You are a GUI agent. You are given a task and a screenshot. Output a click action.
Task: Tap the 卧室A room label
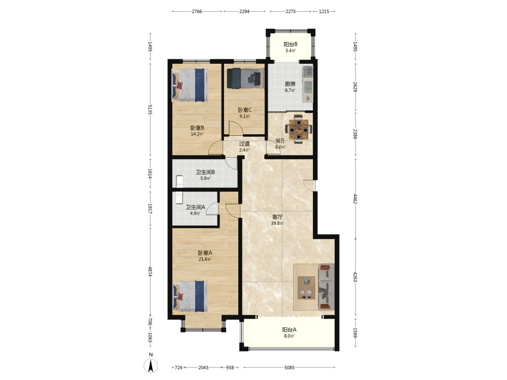pos(205,253)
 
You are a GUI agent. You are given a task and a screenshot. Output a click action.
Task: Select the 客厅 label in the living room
pos(277,217)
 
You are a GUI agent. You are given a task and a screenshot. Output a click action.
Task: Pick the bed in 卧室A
pos(190,296)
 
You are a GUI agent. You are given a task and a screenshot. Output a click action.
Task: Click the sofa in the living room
pos(326,287)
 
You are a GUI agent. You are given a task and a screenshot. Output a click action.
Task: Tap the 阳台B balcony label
pos(291,45)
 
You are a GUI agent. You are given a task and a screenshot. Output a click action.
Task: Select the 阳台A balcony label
pos(289,330)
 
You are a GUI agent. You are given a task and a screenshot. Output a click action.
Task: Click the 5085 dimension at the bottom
pos(289,367)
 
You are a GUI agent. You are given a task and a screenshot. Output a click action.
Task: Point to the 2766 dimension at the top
pos(197,11)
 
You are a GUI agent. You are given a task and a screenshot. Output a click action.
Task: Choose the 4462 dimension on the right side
pos(355,199)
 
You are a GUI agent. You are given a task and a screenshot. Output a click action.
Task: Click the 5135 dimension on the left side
pos(150,109)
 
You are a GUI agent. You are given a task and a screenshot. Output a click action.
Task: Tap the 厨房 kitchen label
pos(290,84)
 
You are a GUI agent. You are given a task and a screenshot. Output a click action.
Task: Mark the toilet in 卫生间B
pos(179,181)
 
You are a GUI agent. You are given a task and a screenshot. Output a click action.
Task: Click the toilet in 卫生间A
pos(179,198)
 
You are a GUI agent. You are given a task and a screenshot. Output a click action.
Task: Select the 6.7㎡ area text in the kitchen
pos(290,90)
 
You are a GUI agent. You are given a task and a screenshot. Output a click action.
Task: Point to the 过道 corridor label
pos(244,144)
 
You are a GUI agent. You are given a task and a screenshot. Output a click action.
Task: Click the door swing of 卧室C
pos(236,128)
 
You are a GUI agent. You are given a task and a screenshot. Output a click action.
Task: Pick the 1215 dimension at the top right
pos(324,11)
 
